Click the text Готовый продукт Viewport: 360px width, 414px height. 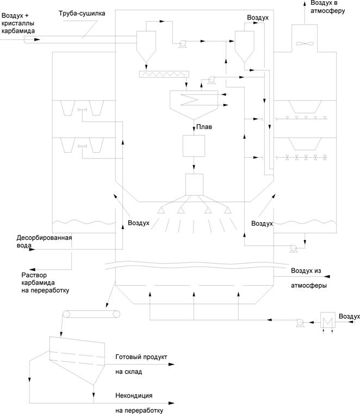[141, 357]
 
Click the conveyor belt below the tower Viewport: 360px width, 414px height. [91, 314]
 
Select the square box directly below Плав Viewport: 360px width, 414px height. [194, 145]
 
